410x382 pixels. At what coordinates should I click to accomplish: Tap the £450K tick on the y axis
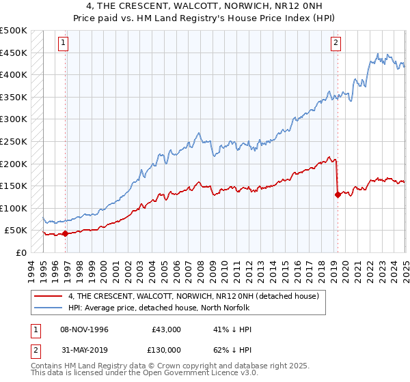pos(14,53)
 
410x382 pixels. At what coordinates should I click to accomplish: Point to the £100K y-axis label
pos(14,208)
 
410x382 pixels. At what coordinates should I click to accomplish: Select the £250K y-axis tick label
pos(14,141)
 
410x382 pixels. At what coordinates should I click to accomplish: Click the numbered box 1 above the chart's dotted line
pos(63,43)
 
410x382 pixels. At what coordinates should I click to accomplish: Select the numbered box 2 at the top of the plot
pos(336,43)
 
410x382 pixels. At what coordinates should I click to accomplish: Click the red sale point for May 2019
pos(338,194)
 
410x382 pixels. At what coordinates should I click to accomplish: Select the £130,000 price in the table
pos(167,349)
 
